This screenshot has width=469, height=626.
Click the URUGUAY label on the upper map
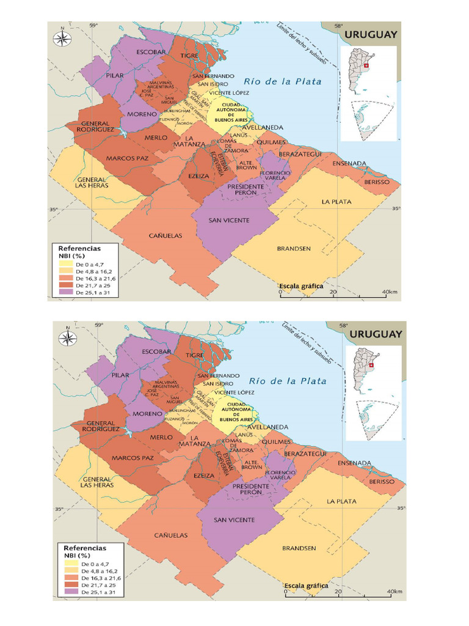371,35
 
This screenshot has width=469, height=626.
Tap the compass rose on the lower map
67,339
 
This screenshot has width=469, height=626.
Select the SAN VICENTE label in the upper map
223,221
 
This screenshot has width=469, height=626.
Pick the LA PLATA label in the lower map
341,501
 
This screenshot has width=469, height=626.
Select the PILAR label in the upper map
114,76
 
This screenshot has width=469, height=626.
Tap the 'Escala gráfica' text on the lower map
306,586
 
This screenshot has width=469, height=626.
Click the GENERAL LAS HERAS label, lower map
97,482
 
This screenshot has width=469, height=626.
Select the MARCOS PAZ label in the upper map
127,158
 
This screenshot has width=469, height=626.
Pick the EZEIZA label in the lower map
203,475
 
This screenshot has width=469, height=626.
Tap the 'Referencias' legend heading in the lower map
85,548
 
